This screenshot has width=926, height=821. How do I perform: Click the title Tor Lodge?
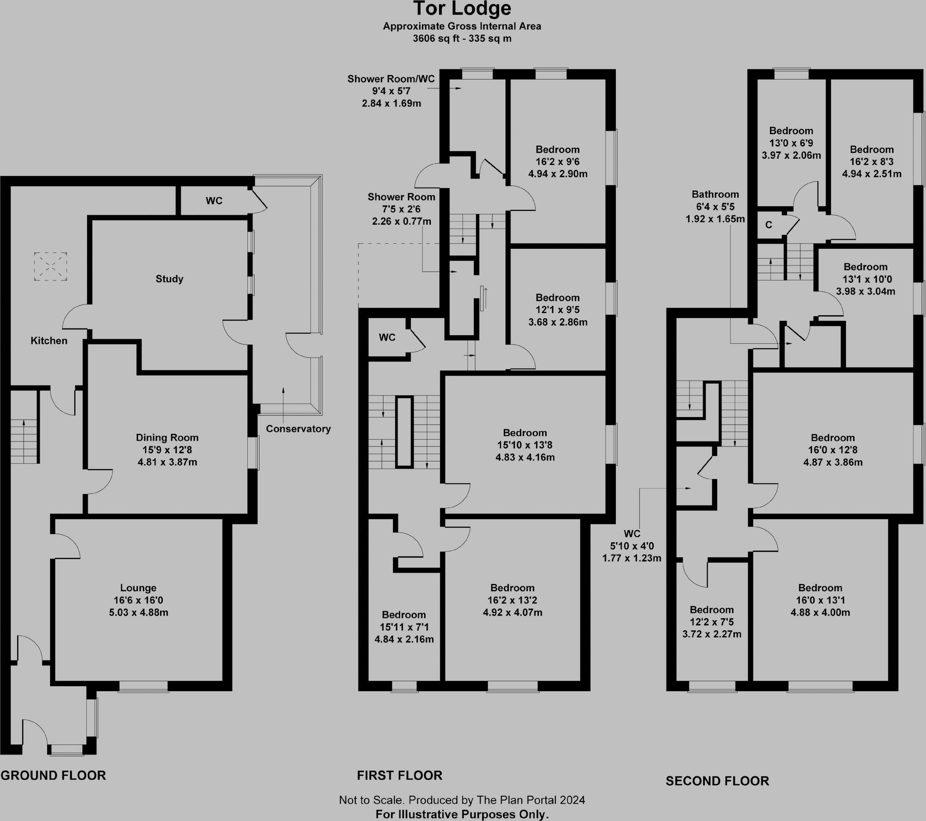point(462,9)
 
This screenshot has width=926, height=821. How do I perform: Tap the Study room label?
point(170,279)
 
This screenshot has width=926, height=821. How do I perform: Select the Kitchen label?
point(49,341)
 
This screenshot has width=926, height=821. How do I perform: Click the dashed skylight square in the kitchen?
point(50,266)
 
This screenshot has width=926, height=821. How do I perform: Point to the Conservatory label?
point(298,428)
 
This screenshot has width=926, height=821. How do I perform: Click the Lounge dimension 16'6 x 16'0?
point(138,600)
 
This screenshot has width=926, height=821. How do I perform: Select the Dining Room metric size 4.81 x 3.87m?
point(167,462)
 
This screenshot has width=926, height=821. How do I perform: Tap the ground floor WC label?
point(214,201)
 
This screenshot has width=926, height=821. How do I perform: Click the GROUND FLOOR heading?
point(53,775)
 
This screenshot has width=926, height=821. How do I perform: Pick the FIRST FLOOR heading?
point(400,775)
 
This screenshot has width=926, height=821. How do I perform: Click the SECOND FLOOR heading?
point(717,781)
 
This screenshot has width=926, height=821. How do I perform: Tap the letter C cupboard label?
point(769,225)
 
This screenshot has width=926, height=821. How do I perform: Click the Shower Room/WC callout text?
point(391,79)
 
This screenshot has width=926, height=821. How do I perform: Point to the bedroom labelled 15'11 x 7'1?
point(404,627)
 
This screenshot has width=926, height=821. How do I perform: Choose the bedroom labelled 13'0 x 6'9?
point(791,143)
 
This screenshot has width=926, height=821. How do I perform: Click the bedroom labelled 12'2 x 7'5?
point(712,622)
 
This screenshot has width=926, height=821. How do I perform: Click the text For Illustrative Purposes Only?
point(462,814)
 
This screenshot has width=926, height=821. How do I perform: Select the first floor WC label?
point(387,337)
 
